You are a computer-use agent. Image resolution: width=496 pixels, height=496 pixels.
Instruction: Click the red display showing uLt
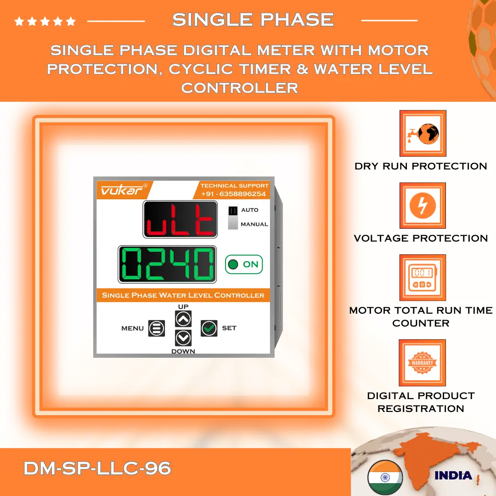click(180, 219)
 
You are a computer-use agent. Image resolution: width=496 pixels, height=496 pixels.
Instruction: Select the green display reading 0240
click(168, 265)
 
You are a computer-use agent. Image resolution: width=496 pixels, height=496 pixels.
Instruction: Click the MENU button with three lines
click(156, 328)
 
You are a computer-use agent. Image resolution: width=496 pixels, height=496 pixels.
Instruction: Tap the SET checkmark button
click(209, 328)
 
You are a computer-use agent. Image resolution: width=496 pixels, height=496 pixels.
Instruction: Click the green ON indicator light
click(233, 265)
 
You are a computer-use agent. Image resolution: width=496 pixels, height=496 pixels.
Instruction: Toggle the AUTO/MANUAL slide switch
click(233, 217)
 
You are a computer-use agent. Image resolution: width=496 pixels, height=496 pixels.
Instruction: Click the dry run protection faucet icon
click(423, 133)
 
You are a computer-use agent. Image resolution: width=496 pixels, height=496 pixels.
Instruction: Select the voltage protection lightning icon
click(423, 205)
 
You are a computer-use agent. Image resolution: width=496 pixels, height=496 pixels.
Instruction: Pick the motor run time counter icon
click(423, 278)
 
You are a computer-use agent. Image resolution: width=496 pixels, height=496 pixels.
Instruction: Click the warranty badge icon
click(423, 362)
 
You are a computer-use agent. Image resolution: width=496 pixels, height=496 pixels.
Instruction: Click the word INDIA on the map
click(453, 475)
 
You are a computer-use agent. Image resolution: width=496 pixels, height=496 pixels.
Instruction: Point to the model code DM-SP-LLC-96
click(97, 469)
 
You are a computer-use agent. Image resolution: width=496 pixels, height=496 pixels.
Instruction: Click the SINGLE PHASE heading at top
click(253, 20)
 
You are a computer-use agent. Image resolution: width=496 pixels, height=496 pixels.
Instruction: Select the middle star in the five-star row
click(45, 21)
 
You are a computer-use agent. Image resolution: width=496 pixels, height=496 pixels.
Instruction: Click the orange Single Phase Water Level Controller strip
click(183, 295)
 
